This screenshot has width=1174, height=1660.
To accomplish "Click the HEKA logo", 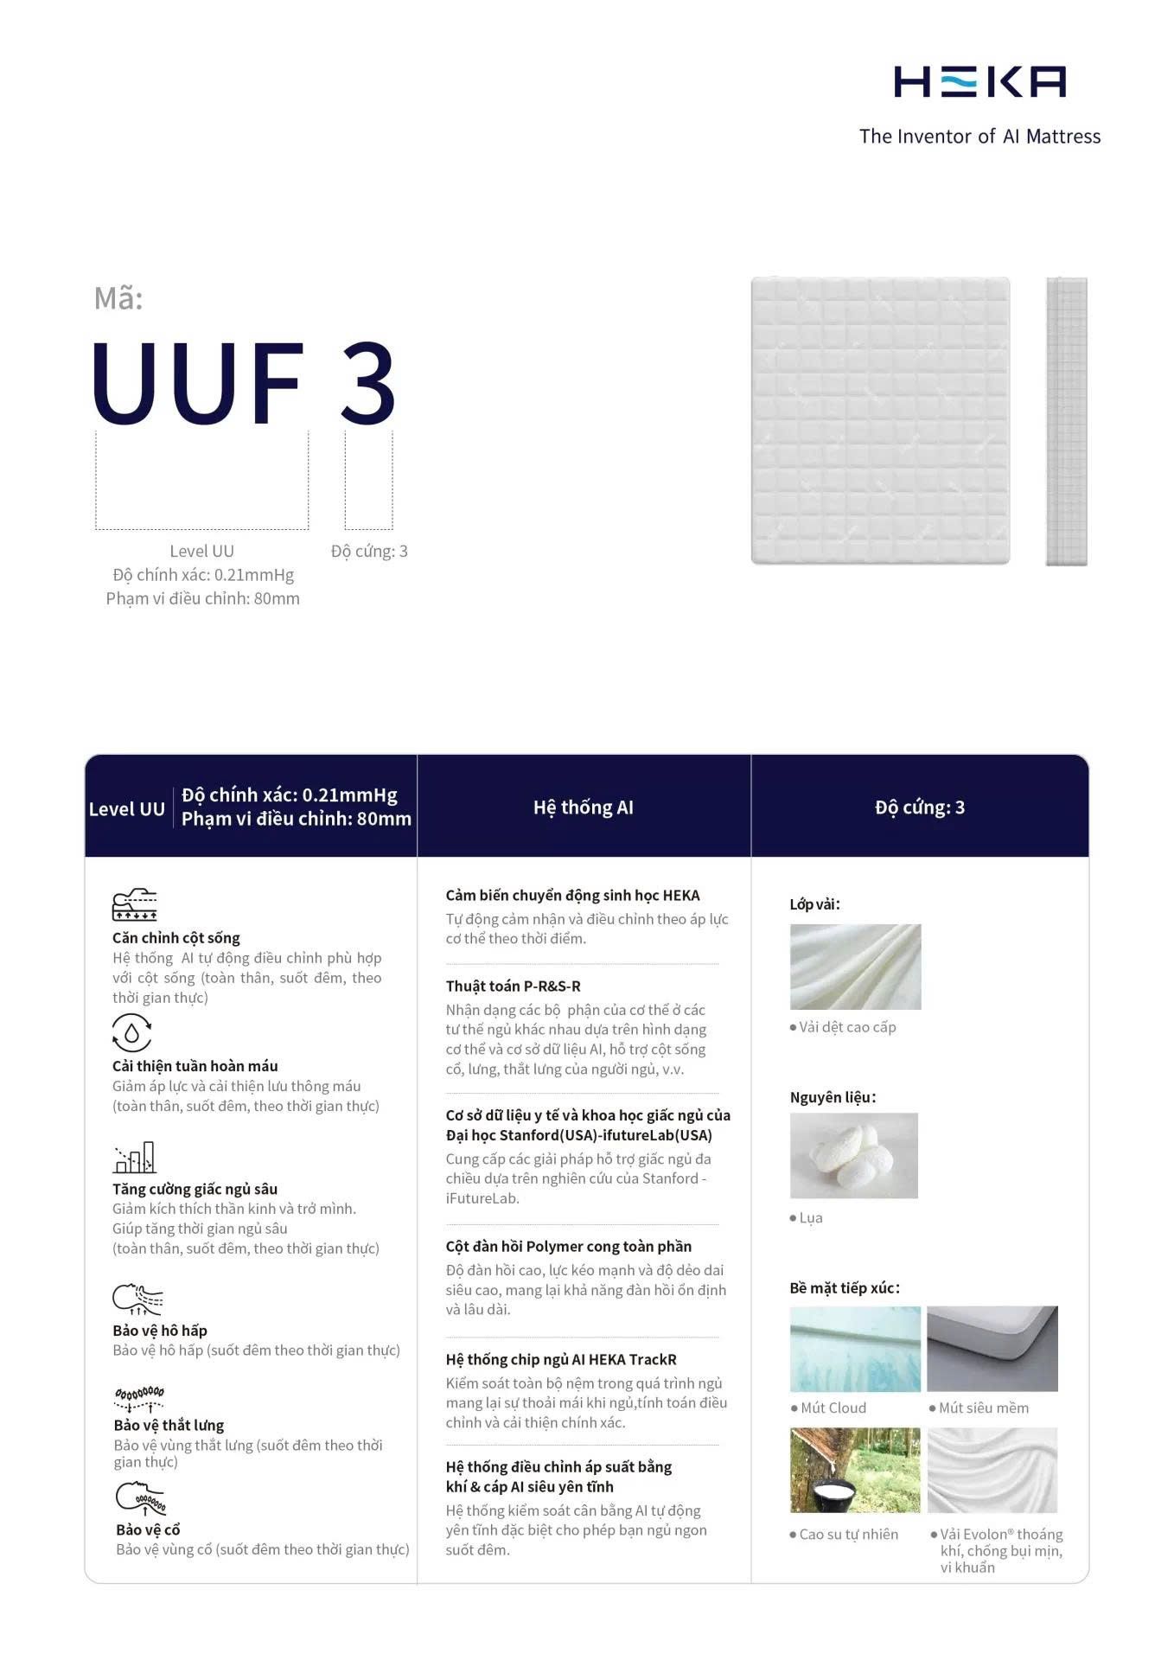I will (x=979, y=81).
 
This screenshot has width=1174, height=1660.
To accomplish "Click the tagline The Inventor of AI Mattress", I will (x=979, y=137).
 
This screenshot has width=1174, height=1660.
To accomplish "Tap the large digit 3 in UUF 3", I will (x=368, y=382).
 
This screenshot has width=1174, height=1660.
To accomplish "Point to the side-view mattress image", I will (x=1066, y=421).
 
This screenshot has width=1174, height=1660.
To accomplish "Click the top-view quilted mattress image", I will (x=880, y=420).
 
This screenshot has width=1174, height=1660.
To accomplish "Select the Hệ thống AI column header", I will (x=584, y=808).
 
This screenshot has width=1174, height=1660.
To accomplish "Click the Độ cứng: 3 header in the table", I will (x=919, y=808).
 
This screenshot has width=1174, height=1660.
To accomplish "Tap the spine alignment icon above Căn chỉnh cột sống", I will (x=135, y=904).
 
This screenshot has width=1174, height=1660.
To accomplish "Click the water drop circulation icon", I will (x=131, y=1032).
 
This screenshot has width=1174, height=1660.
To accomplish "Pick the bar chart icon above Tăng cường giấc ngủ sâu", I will (x=135, y=1158).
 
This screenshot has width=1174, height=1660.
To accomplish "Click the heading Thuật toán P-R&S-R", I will (x=513, y=986).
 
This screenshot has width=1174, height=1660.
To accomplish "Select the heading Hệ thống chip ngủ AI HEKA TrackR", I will (x=561, y=1360).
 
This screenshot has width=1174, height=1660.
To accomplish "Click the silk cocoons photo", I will (x=853, y=1155).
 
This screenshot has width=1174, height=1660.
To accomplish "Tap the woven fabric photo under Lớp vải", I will (x=855, y=967).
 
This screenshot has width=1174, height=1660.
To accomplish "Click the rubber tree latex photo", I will (x=854, y=1471).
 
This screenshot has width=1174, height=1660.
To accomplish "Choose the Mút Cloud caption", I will (x=833, y=1408).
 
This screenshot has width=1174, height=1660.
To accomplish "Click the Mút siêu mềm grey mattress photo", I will (x=992, y=1349).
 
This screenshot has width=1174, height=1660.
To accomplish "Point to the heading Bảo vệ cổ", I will (x=148, y=1529).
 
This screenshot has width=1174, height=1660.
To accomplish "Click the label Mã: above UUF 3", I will (x=118, y=298).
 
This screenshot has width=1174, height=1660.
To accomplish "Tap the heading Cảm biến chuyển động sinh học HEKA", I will (x=572, y=896).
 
